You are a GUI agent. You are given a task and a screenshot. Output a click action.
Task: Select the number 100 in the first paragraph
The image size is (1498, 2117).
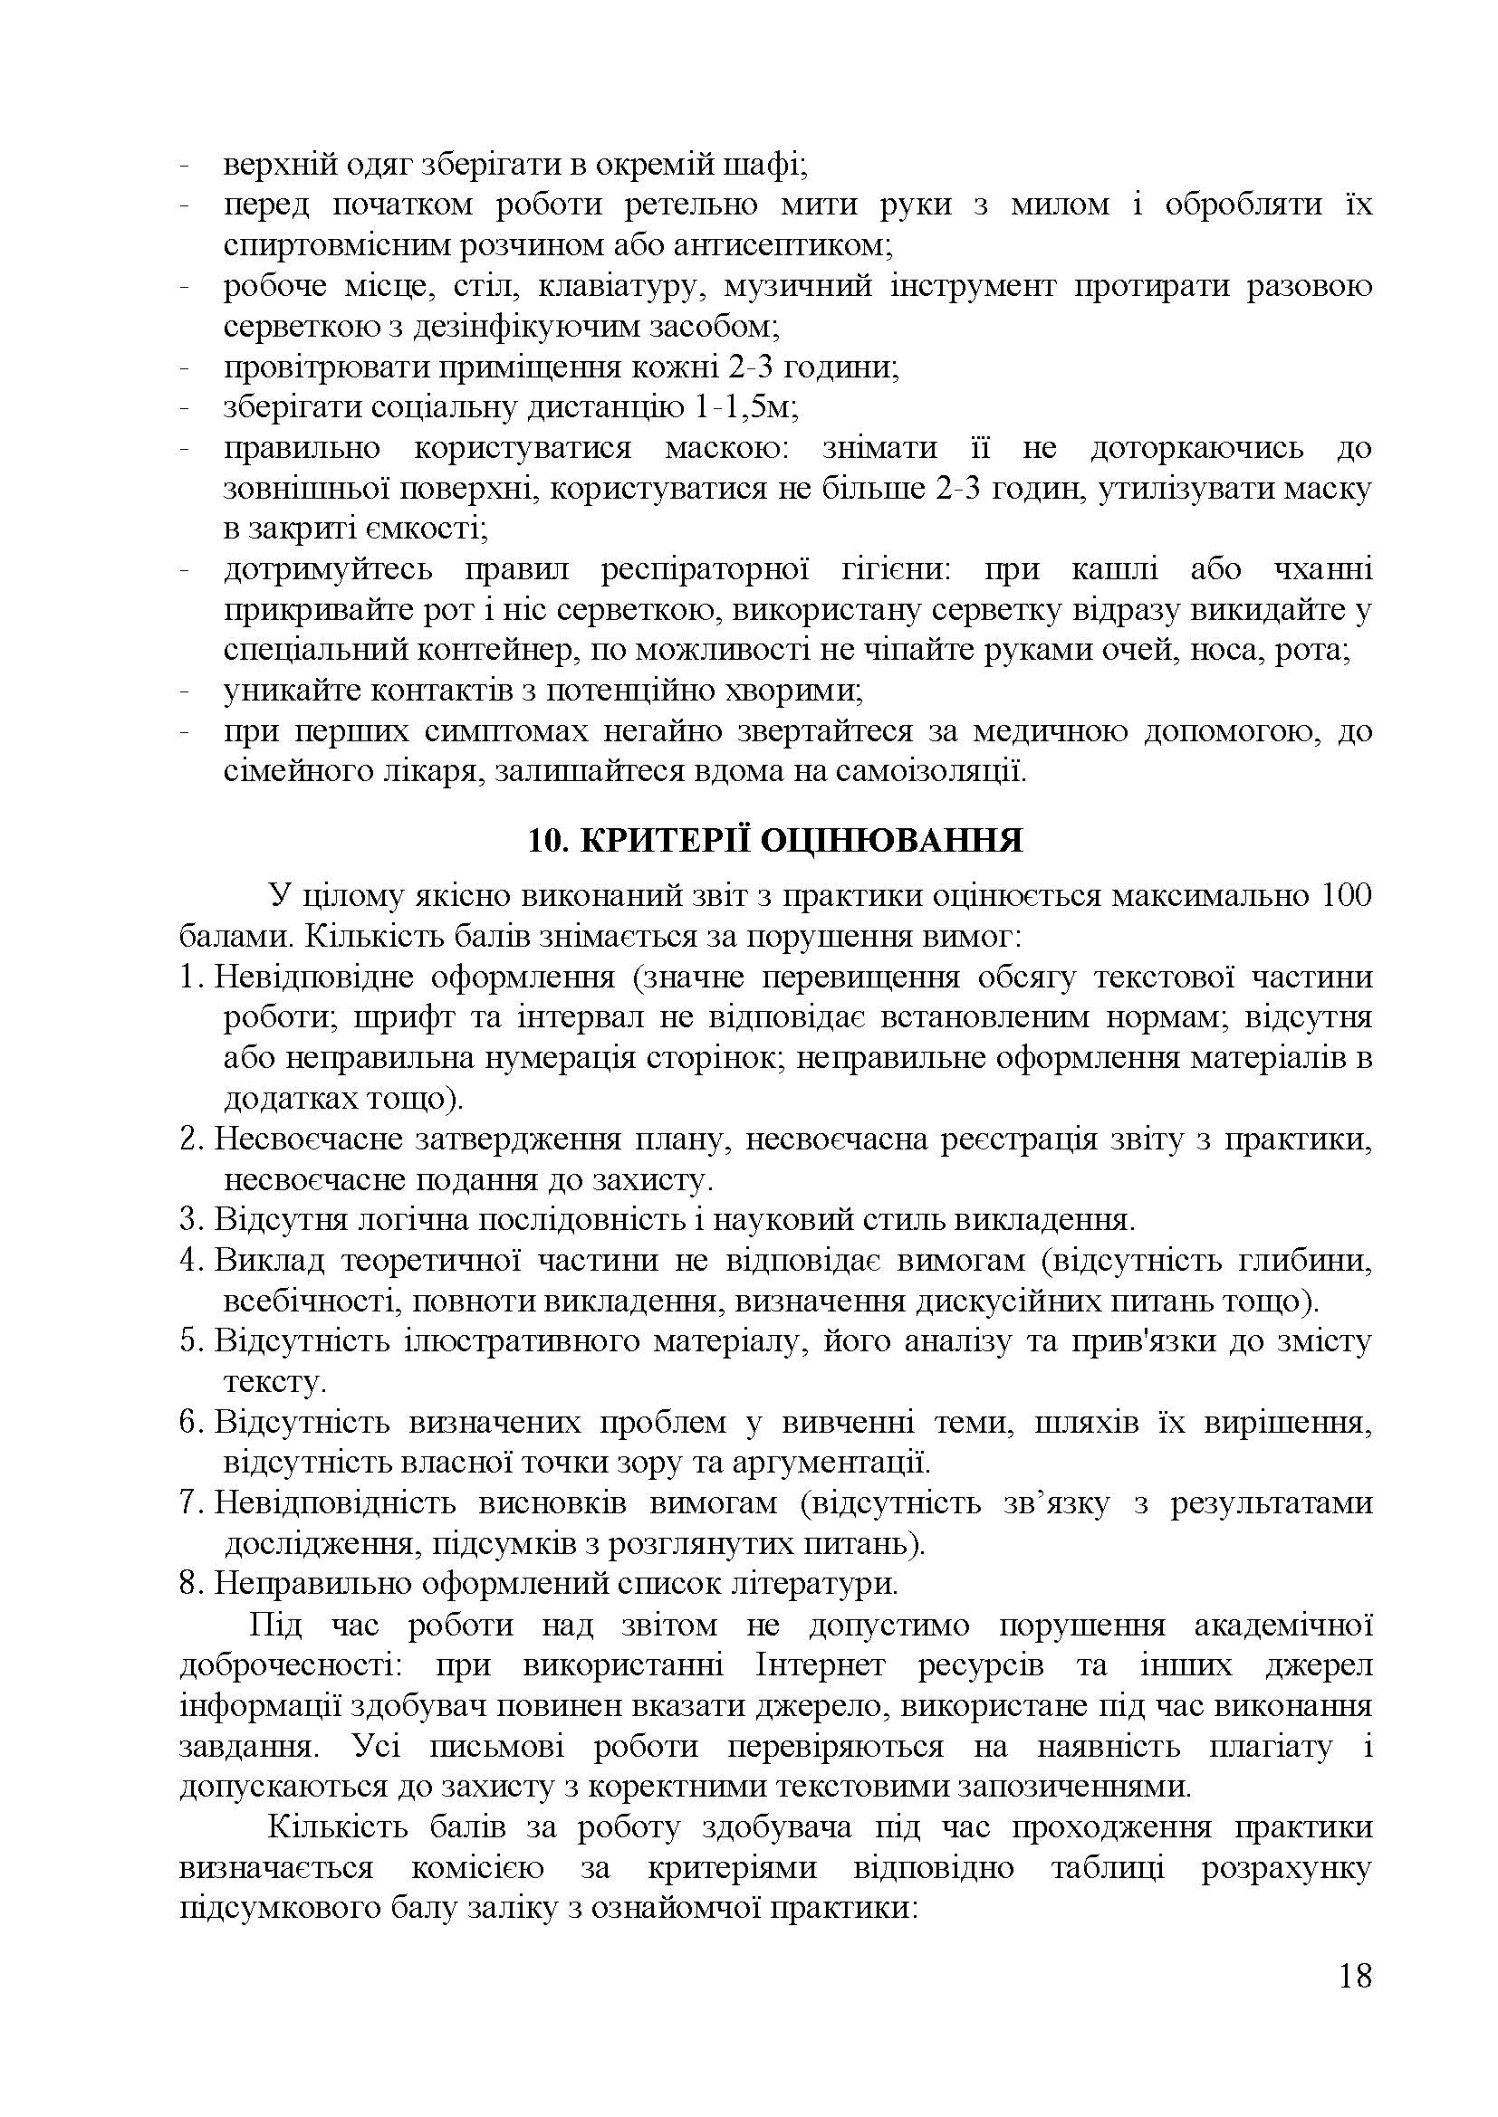[x=1346, y=895]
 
